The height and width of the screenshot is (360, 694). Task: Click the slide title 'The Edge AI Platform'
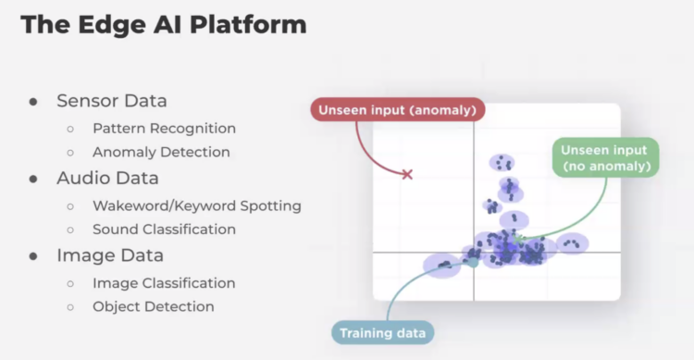163,25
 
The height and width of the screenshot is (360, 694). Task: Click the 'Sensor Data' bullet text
111,100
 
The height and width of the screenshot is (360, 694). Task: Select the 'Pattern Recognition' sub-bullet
164,128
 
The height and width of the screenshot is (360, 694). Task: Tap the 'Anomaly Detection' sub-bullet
161,152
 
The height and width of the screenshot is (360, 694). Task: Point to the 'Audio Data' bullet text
107,177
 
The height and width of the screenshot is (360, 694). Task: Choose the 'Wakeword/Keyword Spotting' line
196,205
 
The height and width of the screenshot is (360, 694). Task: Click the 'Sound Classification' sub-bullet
164,229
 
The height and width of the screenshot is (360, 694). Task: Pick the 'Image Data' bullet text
109,254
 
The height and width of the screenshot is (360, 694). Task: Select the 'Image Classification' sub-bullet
164,282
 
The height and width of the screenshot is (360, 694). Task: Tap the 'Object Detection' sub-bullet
153,306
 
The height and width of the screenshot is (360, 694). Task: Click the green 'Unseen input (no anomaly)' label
605,158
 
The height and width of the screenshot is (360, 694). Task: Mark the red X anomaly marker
406,173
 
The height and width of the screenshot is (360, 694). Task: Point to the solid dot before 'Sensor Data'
33,101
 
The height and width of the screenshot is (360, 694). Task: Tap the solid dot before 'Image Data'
33,255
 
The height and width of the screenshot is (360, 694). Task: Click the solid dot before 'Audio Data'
33,178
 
